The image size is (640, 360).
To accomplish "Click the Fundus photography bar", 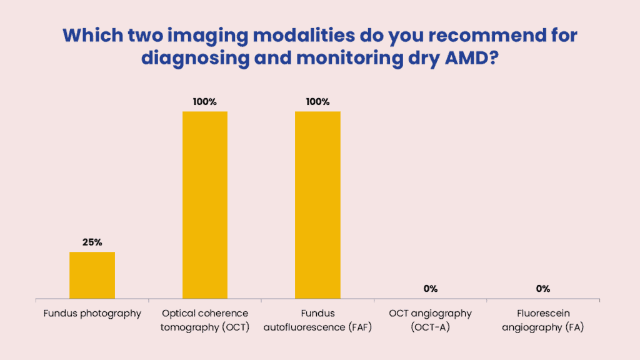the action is point(92,275).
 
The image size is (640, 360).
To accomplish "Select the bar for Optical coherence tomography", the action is point(205,205).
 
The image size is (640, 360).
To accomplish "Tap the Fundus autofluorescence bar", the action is point(317,205).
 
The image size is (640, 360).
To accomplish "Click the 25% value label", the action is point(92,242).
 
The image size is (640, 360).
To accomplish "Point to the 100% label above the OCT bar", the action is point(205,102).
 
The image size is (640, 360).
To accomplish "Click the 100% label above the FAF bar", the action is point(317,102).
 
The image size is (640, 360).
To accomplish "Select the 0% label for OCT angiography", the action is point(430,289).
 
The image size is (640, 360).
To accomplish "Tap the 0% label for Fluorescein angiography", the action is point(543,289).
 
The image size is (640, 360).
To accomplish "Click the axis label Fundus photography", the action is point(92,314).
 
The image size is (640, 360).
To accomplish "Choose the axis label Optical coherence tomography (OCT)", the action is point(205,321).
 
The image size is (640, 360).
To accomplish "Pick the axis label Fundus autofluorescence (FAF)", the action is point(317,321).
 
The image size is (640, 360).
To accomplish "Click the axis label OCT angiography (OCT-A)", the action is point(430,321).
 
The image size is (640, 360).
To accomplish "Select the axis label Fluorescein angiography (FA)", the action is point(543,321).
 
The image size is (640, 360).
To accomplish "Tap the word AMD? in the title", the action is point(471,58).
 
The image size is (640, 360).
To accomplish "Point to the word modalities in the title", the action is point(304,36).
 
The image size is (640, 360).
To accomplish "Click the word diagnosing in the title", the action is point(196,59).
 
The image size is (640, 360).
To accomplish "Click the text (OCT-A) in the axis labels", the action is point(430,327).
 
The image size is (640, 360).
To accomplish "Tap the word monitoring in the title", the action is point(349,59).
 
